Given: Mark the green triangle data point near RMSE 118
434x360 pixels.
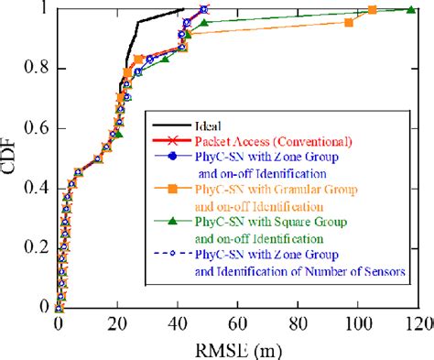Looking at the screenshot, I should point(412,9).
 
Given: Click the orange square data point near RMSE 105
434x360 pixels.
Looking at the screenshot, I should point(373,10).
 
